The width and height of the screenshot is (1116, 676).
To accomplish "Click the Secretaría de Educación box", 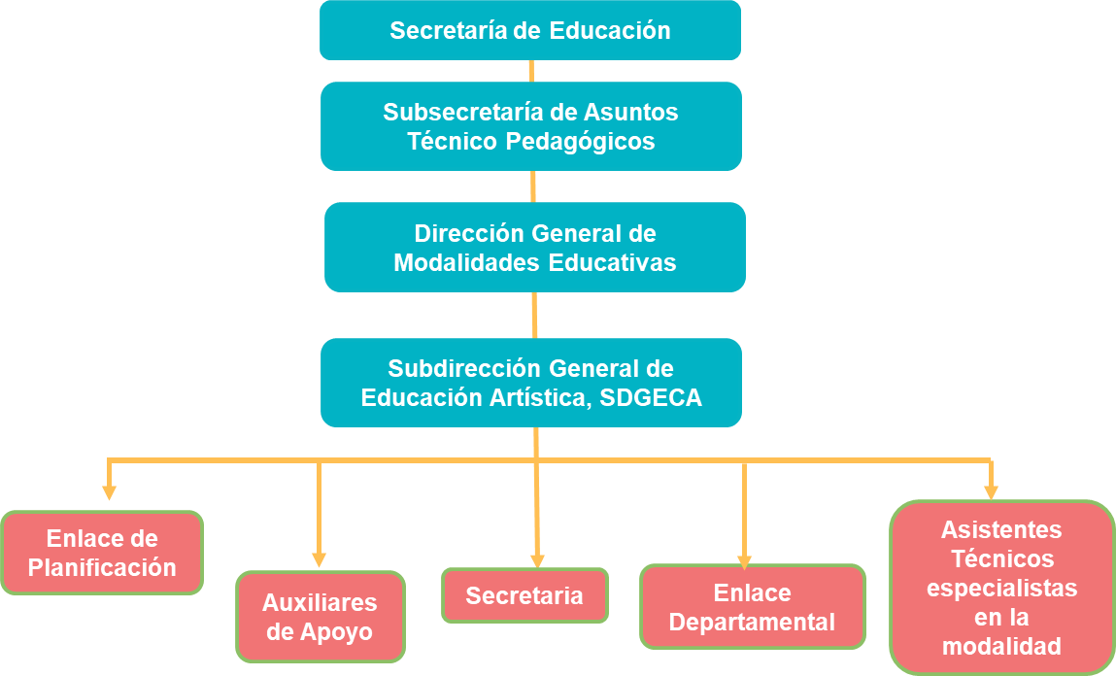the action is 530,30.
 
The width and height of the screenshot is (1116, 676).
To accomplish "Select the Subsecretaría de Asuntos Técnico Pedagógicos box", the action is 531,126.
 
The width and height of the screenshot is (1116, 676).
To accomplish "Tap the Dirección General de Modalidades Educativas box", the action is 535,247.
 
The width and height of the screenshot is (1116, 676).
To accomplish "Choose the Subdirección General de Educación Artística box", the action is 531,382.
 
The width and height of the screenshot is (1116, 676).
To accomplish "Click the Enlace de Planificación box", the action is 102,553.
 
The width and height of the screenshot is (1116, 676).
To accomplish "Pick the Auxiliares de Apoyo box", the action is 321,617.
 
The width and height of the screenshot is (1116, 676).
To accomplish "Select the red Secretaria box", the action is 524,595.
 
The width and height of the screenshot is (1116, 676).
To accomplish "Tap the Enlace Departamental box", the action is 753,607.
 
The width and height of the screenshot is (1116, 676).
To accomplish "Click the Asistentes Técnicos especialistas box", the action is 1001,588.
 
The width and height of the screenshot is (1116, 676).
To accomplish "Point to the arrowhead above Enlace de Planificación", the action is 109,492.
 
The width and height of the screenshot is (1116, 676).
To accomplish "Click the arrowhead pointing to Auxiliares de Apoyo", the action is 319,560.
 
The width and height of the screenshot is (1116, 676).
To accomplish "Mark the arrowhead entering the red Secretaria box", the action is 537,560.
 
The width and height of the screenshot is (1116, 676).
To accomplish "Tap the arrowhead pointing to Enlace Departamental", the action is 744,562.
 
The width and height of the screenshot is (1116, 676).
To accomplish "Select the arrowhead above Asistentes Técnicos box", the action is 991,492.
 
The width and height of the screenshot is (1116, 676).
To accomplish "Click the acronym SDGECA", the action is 651,397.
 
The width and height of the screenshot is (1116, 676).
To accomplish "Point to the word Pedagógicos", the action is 580,142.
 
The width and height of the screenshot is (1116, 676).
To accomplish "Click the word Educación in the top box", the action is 610,31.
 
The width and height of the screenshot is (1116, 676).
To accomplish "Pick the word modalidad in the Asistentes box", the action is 1001,646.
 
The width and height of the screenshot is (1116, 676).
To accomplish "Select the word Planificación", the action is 102,568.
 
